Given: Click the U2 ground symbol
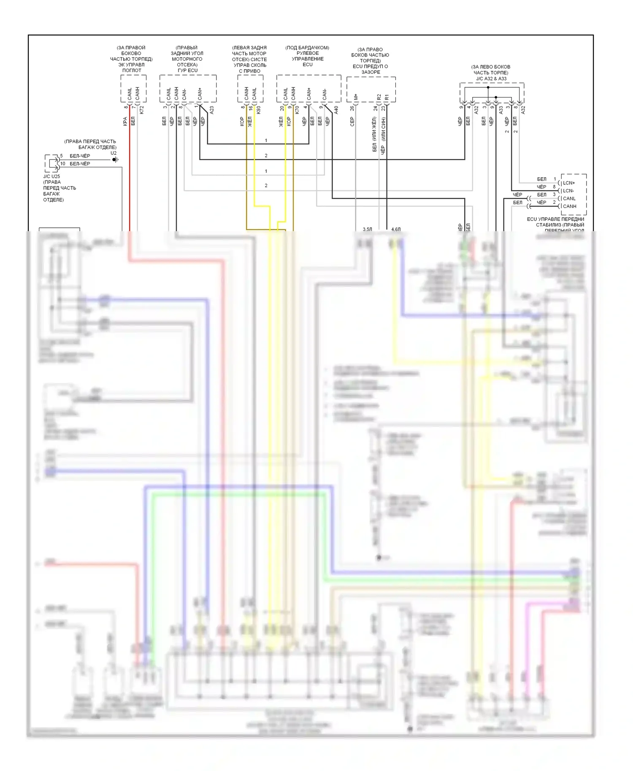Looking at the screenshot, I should (x=115, y=159).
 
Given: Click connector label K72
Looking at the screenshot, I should (x=142, y=110).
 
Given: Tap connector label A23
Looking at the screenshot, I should (x=212, y=110).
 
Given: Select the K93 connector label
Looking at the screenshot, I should (x=258, y=110).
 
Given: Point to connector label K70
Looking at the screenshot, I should (x=297, y=110).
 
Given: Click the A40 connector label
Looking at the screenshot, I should (x=336, y=110).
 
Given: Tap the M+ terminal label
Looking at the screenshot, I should (x=356, y=97).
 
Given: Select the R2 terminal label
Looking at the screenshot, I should (x=379, y=97).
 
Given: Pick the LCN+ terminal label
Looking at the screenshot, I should (x=569, y=183).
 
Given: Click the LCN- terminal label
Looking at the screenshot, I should (x=568, y=191).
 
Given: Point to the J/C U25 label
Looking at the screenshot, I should (x=51, y=176).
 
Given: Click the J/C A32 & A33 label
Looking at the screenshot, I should (x=491, y=78).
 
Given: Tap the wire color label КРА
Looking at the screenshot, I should (x=125, y=121).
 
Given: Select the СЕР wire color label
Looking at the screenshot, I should (x=352, y=121).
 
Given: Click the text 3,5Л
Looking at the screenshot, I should (x=368, y=229).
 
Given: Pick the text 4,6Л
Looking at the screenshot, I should (x=396, y=229).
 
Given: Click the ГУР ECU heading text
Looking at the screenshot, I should (x=187, y=70).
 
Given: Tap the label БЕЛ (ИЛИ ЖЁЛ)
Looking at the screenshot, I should (x=374, y=134).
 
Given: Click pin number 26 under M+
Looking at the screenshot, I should (x=352, y=108).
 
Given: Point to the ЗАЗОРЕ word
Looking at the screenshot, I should (x=371, y=72).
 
